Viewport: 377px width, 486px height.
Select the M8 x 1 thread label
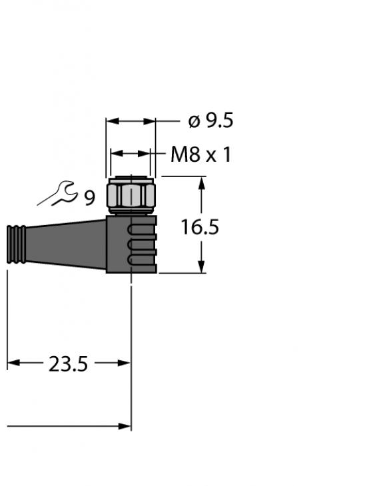200,155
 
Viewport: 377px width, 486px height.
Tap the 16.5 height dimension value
200,228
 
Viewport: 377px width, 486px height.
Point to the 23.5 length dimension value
68,364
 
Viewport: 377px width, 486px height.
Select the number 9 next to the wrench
89,197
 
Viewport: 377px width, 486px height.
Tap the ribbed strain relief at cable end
16,246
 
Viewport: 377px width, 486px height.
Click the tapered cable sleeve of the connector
67,246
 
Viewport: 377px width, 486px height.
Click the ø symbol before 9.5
193,122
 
